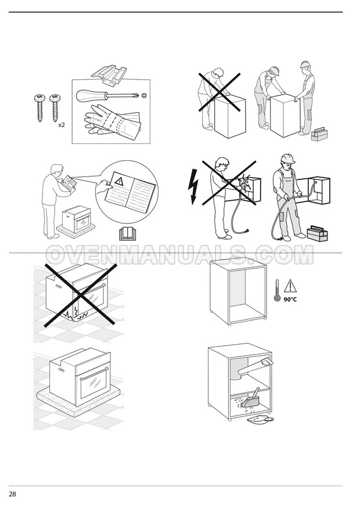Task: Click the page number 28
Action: click(x=12, y=494)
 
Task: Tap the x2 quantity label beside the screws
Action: click(x=62, y=125)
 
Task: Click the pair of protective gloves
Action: click(x=111, y=120)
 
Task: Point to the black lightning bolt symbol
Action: click(x=193, y=186)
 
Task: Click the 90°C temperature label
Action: click(x=290, y=299)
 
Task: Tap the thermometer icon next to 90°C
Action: click(x=277, y=290)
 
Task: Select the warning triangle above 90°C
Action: click(x=290, y=286)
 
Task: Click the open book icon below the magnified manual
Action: click(x=128, y=234)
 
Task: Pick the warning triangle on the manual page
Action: click(x=120, y=181)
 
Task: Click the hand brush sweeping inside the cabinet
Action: click(x=251, y=398)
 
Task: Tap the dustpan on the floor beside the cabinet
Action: click(x=260, y=420)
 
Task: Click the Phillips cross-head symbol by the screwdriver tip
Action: click(x=144, y=95)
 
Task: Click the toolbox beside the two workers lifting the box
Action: click(x=319, y=134)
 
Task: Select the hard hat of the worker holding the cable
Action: click(x=287, y=158)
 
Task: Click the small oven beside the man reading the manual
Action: click(x=77, y=219)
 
